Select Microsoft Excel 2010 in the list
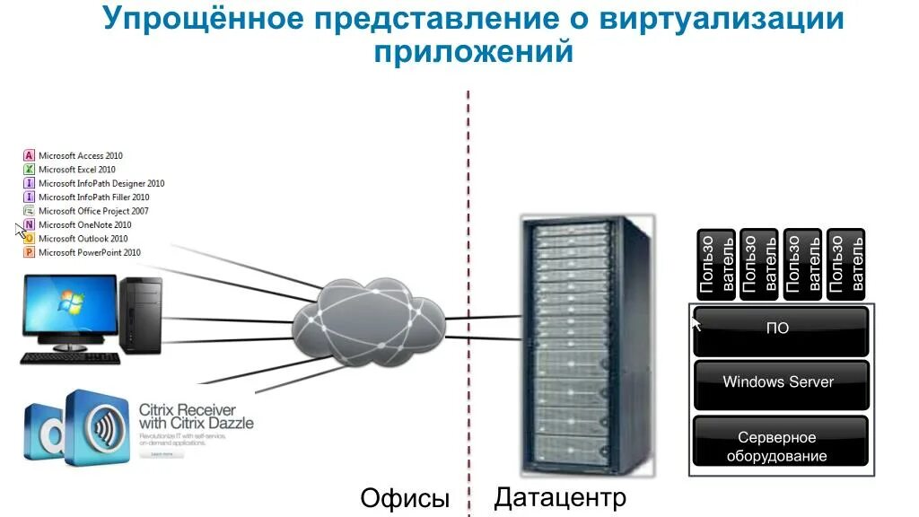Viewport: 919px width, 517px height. pos(76,170)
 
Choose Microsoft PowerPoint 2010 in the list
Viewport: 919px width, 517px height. pos(89,253)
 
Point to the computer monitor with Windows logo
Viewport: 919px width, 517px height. pos(70,310)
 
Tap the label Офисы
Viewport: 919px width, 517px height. pos(404,498)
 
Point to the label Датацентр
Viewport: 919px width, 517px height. pos(560,496)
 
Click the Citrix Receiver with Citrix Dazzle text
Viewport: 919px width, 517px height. pos(196,416)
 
